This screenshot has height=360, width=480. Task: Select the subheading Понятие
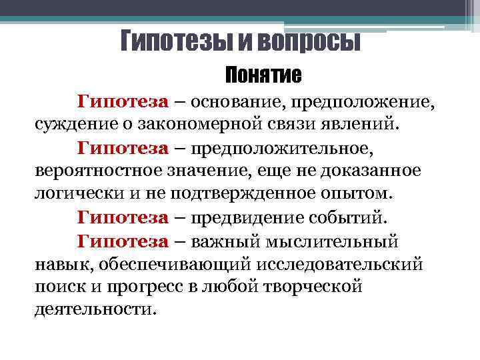tap(263, 75)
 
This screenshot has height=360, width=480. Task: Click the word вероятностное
tap(93, 171)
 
